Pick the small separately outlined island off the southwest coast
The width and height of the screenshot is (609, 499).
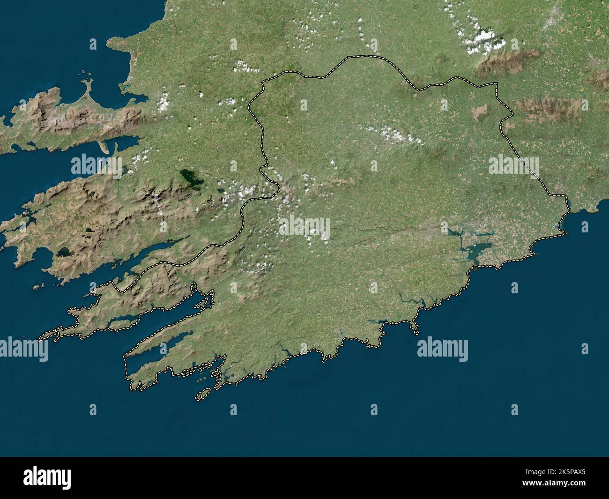(x=203, y=395)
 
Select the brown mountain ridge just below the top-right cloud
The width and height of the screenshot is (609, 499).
(x=497, y=66)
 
